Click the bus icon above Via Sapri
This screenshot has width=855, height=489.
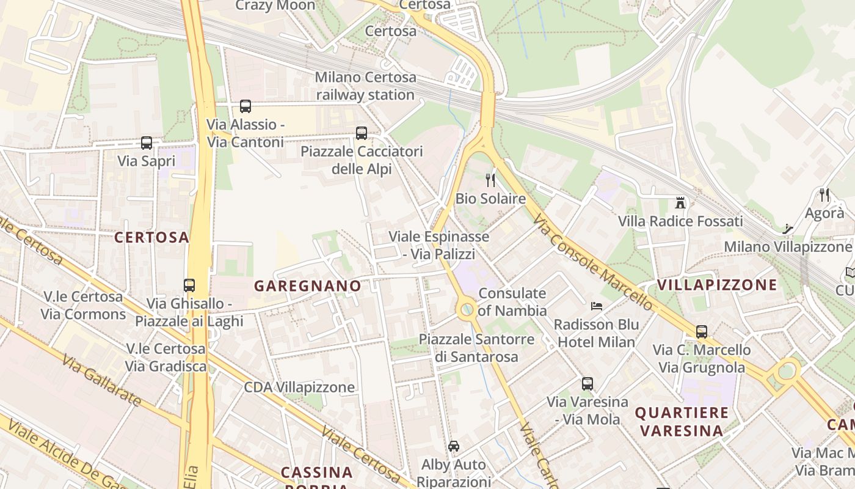point(147,143)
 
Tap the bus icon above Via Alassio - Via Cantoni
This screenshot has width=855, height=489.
point(246,106)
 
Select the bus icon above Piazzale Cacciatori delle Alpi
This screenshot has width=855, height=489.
point(362,133)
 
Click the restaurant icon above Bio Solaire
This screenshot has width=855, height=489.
point(490,180)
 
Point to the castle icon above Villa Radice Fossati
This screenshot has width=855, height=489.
point(680,202)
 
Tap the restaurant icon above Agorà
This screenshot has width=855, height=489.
point(824,194)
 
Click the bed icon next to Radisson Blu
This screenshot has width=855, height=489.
point(597,306)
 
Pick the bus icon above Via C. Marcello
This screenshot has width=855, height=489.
point(702,332)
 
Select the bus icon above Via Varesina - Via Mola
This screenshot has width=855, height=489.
point(587,384)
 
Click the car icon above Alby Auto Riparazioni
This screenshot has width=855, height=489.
point(453,446)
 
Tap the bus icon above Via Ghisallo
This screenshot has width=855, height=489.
point(189,285)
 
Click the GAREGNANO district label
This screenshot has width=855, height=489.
point(307,285)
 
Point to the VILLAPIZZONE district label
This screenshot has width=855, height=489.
point(717,284)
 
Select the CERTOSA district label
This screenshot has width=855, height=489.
point(152,238)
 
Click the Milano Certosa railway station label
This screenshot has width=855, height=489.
point(366,86)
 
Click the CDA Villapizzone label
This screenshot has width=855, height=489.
point(299,387)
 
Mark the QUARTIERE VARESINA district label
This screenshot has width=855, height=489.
point(682,422)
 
